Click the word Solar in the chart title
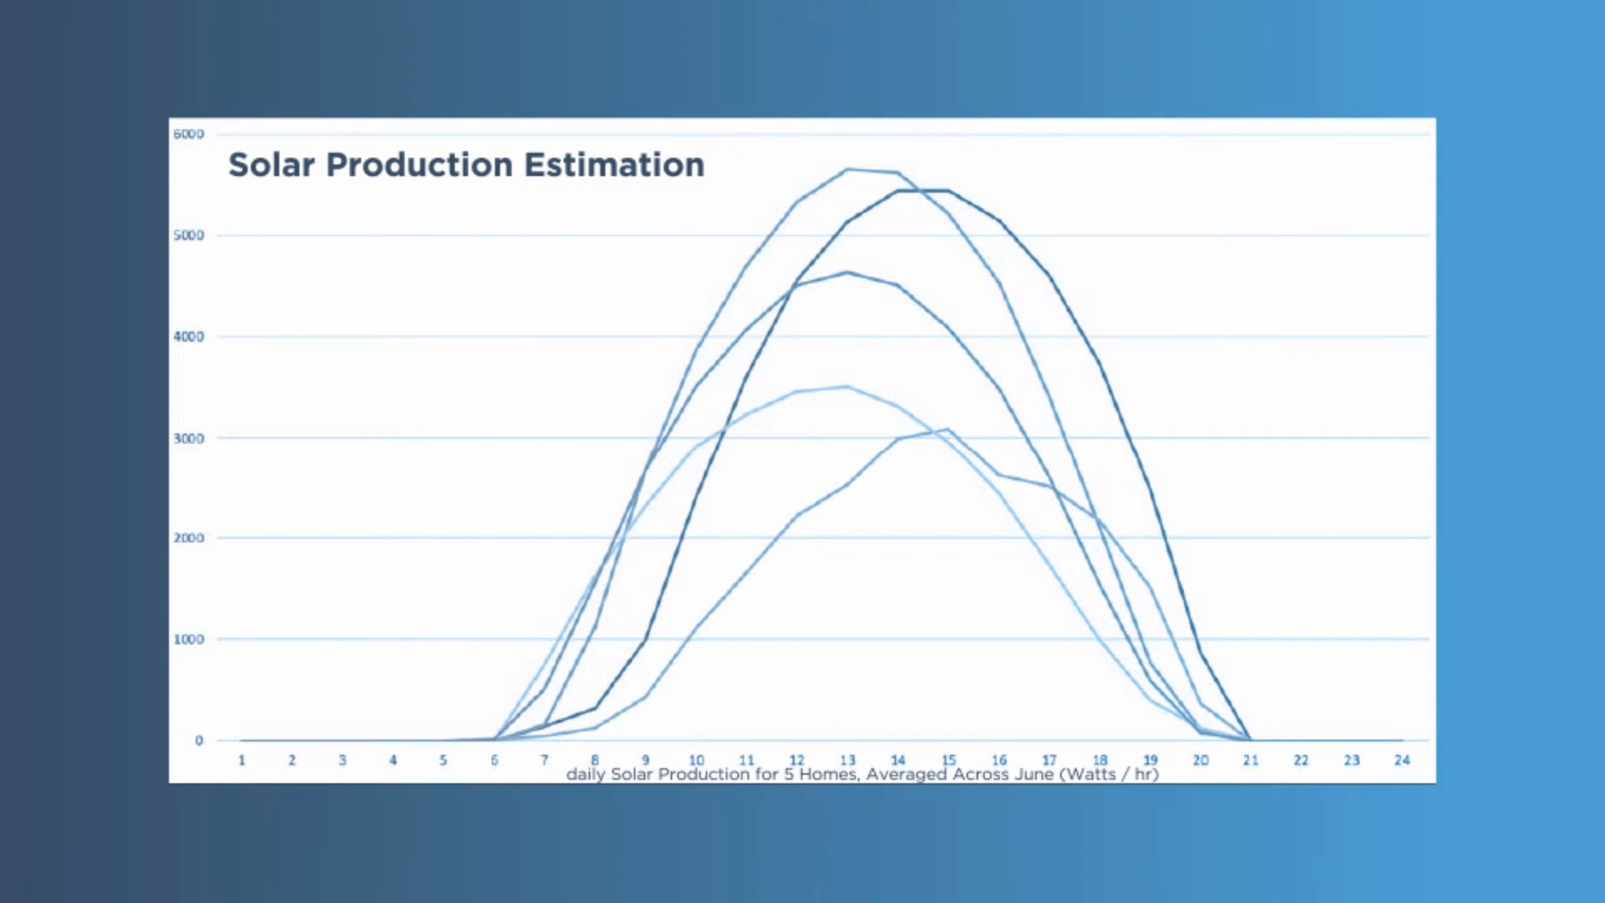click(272, 165)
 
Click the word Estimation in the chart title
click(614, 165)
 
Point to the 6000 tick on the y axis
click(188, 134)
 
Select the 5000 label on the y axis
click(188, 235)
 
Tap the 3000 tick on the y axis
click(188, 438)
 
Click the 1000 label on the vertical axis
click(188, 639)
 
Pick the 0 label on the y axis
click(199, 740)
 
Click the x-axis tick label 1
click(242, 760)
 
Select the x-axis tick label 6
click(494, 760)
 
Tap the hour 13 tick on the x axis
click(848, 760)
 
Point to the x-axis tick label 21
click(1251, 760)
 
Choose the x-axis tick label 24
click(1402, 760)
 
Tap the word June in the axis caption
click(1034, 774)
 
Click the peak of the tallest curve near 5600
click(848, 170)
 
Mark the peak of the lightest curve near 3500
click(848, 386)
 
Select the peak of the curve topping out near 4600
click(848, 272)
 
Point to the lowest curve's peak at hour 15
click(947, 430)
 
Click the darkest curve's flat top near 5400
click(923, 191)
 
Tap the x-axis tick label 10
click(696, 760)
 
